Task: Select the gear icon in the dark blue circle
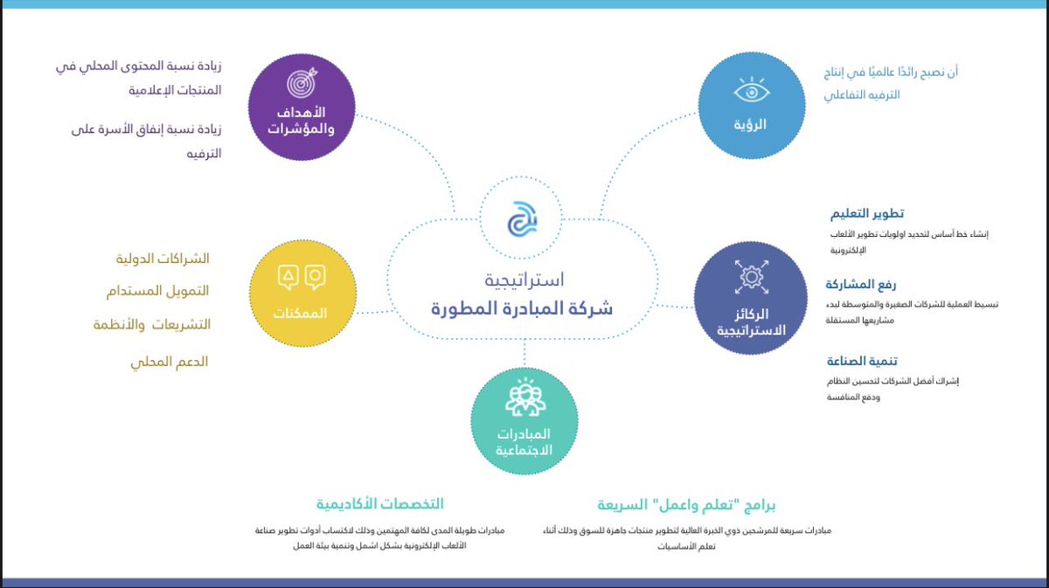point(750,276)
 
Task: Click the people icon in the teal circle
point(524,398)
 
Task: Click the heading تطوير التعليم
point(866,214)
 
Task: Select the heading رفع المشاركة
point(861,284)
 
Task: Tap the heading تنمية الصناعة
point(863,361)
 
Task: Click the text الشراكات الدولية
point(163,259)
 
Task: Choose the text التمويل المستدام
point(163,290)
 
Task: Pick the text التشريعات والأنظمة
point(152,324)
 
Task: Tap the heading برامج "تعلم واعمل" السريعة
point(687,505)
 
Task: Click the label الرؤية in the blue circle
point(751,125)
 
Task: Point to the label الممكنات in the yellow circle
point(300,313)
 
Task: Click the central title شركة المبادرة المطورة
point(522,308)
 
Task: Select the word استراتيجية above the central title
point(524,280)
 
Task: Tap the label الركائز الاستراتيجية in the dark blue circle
point(751,322)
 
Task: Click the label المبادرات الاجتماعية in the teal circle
point(524,442)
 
